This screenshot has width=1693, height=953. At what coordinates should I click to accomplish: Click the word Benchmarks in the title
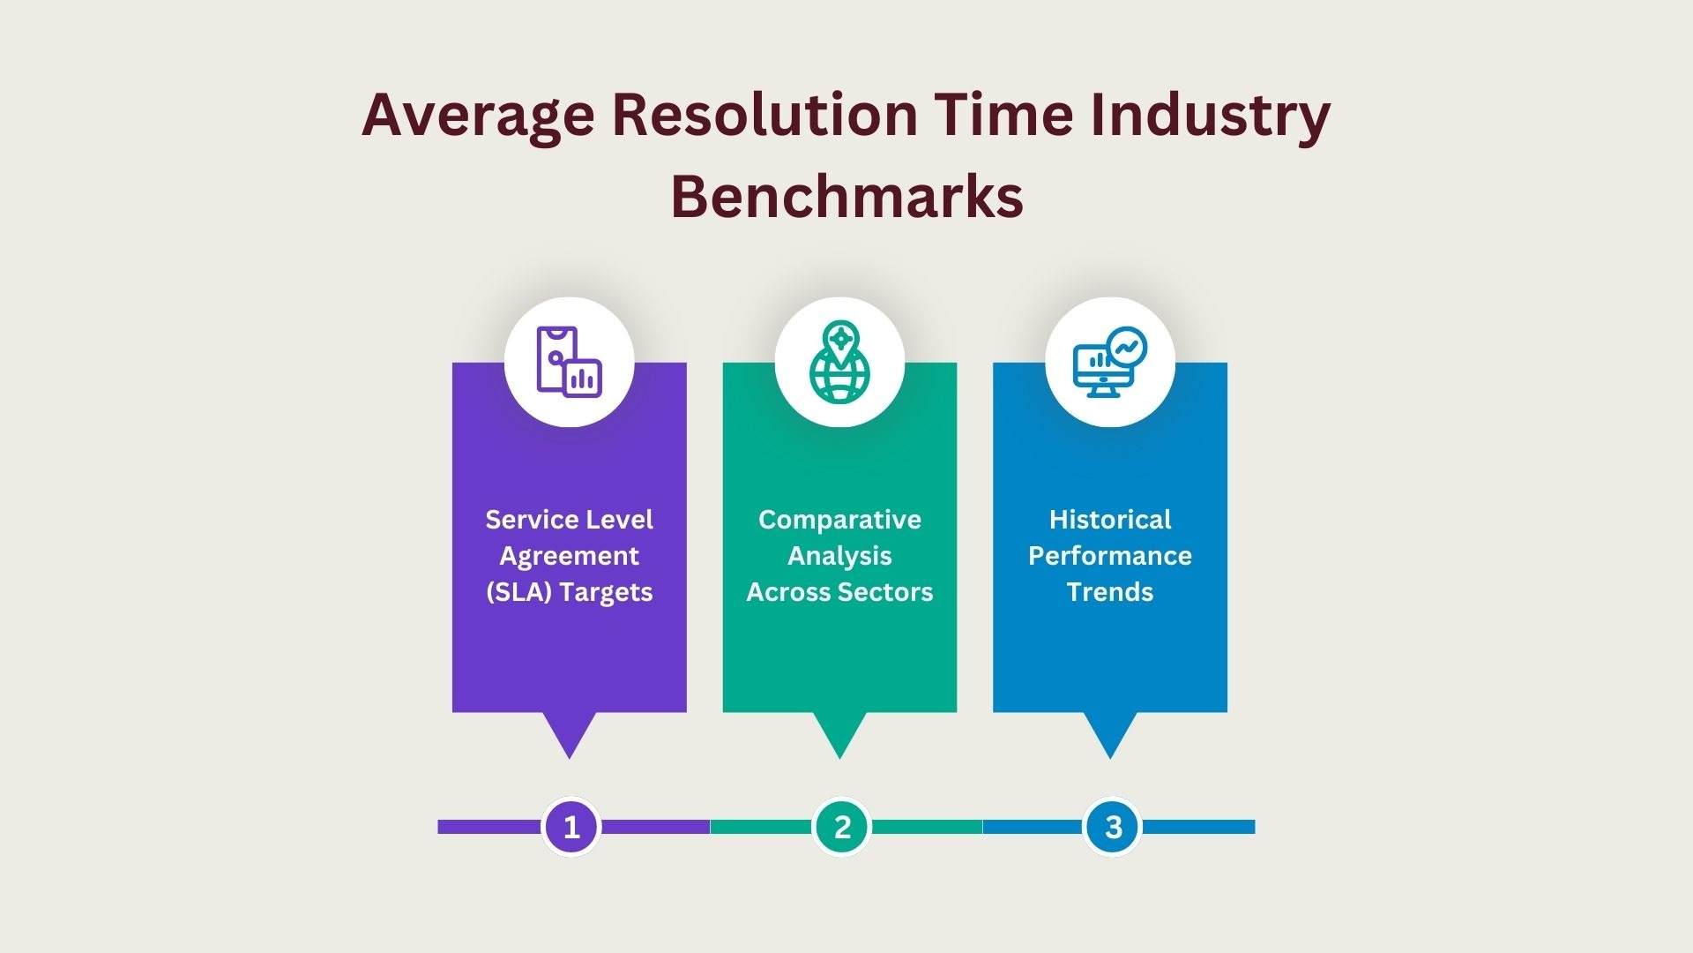846,196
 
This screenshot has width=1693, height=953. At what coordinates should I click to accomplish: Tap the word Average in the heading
477,116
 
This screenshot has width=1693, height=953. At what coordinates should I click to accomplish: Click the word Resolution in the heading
764,116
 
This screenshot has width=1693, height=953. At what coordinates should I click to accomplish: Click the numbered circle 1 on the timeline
571,827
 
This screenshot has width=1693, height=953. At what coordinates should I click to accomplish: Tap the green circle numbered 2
841,827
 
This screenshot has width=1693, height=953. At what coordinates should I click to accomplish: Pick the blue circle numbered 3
1112,827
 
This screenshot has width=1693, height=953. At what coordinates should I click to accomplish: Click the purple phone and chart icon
569,363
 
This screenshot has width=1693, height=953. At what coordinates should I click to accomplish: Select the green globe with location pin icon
839,363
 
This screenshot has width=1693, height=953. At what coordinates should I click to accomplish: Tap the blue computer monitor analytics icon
1109,363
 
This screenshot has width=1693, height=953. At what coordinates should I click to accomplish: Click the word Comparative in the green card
839,520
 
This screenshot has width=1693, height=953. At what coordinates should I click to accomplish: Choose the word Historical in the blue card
1109,520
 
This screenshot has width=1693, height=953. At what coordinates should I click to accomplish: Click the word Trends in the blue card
1109,592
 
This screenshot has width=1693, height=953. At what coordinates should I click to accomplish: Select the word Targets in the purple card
606,592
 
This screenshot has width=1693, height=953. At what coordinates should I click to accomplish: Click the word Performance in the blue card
1109,556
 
